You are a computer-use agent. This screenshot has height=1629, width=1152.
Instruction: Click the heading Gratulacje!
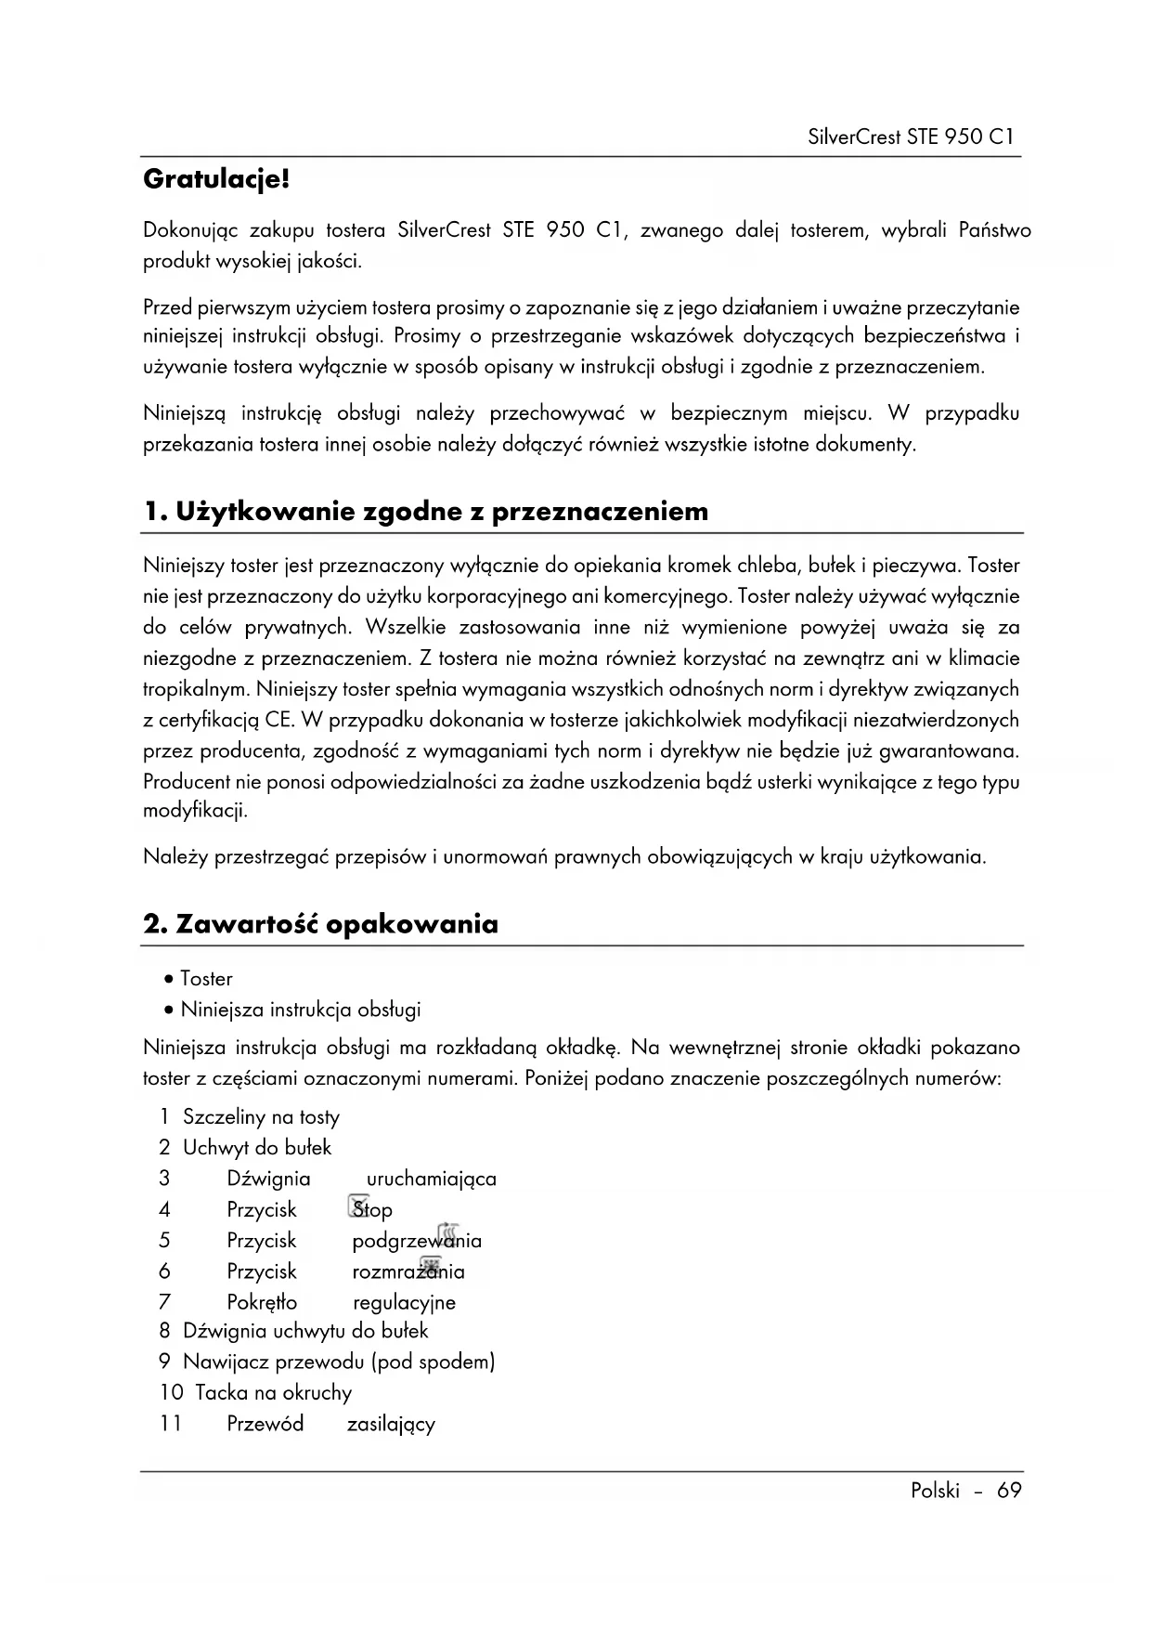216,179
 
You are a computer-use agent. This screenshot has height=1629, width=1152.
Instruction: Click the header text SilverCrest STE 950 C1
910,137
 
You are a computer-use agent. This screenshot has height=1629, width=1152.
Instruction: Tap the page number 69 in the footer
1009,1491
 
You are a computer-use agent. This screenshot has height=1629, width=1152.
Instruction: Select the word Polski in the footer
935,1491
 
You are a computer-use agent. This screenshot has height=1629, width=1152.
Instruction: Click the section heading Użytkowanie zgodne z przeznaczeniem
426,512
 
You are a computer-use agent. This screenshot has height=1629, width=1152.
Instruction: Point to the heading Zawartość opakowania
321,924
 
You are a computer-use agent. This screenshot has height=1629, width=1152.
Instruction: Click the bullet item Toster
206,979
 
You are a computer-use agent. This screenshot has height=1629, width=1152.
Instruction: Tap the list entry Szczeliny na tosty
261,1117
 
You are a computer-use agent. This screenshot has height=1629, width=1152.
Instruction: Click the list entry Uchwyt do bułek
257,1148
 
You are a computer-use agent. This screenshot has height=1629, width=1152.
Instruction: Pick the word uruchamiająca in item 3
431,1179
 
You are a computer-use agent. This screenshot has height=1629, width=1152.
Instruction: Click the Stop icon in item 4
358,1206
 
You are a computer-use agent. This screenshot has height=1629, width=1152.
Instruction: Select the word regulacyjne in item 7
404,1302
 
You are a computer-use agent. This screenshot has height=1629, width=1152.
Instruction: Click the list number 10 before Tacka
172,1393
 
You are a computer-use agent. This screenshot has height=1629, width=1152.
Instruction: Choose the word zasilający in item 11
391,1424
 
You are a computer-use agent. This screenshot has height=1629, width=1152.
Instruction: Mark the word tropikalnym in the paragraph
196,690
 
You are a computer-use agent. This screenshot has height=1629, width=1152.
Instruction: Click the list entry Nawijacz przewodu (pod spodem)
339,1362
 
